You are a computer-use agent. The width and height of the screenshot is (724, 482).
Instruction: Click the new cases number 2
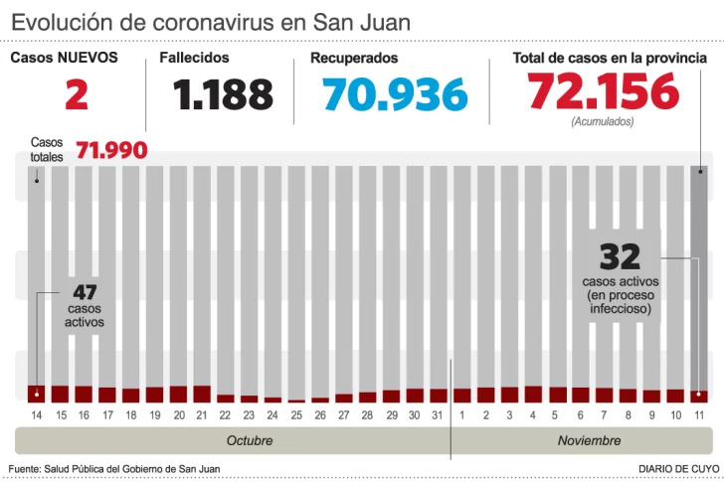coord(77,95)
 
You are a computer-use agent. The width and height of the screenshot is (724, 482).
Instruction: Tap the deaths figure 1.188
coord(223,95)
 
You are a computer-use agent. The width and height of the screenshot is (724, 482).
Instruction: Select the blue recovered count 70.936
coord(395,95)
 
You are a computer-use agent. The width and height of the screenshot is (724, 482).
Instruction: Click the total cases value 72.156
coord(604,93)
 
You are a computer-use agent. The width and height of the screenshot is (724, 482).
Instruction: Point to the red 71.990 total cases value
coord(111,151)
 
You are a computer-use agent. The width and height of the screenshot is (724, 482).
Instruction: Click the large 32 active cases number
coord(619,257)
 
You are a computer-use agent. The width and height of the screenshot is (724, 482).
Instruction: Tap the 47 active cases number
coord(85,293)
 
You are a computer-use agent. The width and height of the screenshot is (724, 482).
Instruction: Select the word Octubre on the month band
coord(250,440)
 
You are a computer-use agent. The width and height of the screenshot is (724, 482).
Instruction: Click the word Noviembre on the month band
coord(589,440)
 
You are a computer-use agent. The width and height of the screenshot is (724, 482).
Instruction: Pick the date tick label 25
coord(296,413)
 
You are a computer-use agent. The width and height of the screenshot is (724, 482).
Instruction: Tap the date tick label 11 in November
coord(700,413)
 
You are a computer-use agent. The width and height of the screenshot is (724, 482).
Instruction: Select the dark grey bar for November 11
coord(700,278)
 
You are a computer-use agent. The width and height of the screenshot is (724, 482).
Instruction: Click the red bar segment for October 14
coord(37,394)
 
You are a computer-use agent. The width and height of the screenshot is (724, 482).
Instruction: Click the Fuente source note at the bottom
coord(114,468)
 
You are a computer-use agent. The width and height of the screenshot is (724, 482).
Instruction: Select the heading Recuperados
coord(354,58)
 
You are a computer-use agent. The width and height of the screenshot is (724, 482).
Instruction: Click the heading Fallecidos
coord(194,58)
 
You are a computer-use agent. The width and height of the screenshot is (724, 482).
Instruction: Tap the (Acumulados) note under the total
coord(603,121)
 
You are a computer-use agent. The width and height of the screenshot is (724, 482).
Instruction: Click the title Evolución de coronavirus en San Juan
coord(210,21)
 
